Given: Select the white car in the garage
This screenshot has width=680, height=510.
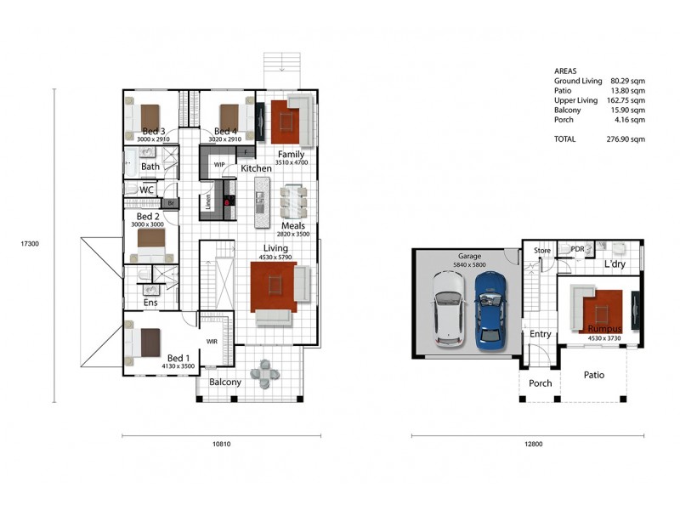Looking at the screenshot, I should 450,309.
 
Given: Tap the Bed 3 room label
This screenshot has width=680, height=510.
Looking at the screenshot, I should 154,131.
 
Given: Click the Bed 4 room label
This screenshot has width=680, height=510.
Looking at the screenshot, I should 225,131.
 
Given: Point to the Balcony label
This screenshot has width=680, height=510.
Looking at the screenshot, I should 225,382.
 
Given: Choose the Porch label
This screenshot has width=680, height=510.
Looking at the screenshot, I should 540,383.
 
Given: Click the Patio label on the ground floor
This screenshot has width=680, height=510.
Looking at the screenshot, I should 593,375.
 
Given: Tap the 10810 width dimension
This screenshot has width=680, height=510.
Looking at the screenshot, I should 221,444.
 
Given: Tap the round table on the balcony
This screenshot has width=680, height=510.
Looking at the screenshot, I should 269,374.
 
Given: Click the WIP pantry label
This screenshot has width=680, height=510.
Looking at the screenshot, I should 219,165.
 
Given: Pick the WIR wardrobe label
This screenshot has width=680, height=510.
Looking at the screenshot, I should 212,342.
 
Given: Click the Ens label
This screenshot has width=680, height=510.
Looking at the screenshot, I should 150,303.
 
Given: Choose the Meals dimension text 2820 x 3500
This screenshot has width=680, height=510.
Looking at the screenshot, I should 292,234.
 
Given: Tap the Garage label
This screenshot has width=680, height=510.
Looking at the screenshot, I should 470,255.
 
